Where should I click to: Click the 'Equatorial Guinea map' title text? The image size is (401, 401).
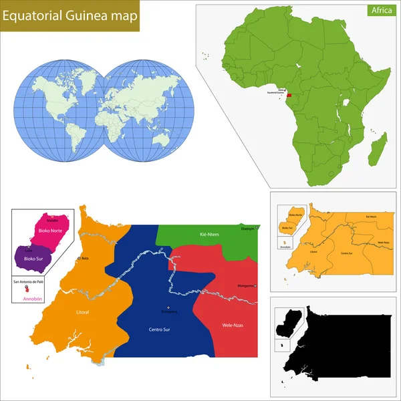pyautogui.click(x=70, y=17)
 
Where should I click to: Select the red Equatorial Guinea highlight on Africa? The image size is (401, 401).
pyautogui.click(x=289, y=96)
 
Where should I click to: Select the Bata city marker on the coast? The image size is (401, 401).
pyautogui.click(x=80, y=258)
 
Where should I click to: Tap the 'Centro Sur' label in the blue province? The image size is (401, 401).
pyautogui.click(x=159, y=329)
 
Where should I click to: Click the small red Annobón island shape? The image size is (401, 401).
pyautogui.click(x=27, y=290)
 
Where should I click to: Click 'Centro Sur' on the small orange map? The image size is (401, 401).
pyautogui.click(x=346, y=253)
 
